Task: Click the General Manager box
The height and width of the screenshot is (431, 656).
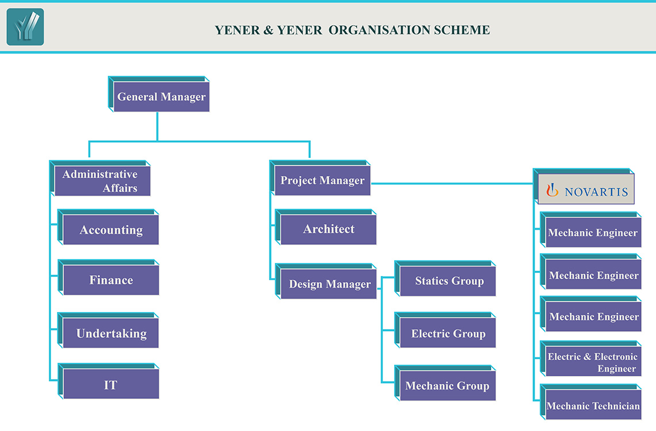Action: [x=159, y=94]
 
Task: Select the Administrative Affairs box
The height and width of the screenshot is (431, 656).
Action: [x=100, y=178]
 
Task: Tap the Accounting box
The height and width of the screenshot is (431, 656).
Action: [x=108, y=227]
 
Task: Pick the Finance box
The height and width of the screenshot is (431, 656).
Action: [x=108, y=278]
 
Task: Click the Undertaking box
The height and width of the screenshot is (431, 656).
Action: [x=108, y=330]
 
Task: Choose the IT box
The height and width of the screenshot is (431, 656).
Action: [x=108, y=382]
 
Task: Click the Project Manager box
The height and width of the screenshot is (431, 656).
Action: [x=320, y=178]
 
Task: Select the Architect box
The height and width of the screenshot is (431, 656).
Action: [x=326, y=227]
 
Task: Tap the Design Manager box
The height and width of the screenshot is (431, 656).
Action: [x=326, y=281]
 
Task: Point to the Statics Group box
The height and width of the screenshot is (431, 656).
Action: [x=445, y=279]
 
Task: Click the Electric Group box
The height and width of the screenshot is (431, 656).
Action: [x=445, y=330]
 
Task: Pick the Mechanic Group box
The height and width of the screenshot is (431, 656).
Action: [x=445, y=383]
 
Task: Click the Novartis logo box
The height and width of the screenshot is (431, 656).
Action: [x=583, y=186]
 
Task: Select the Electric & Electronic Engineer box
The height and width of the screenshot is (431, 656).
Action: [x=591, y=359]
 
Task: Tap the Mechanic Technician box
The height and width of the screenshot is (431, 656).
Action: [x=591, y=402]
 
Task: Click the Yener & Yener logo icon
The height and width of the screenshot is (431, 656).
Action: [x=25, y=27]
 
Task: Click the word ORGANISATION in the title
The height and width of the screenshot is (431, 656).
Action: [x=380, y=30]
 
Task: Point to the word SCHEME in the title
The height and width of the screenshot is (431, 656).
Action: [x=462, y=30]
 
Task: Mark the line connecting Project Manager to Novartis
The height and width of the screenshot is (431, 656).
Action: [x=452, y=183]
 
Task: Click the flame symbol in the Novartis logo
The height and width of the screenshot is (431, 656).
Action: [x=552, y=190]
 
